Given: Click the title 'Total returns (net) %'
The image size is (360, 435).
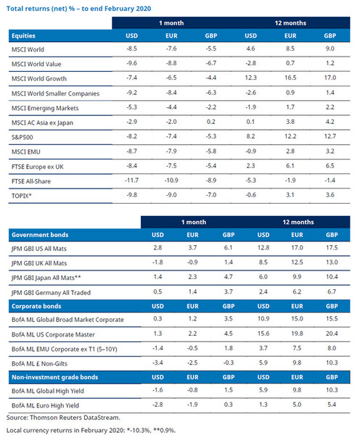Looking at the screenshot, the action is pyautogui.click(x=41, y=9).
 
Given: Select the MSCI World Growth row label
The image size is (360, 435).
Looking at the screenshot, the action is pyautogui.click(x=39, y=78).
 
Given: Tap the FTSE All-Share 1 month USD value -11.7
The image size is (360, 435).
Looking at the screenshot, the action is pyautogui.click(x=131, y=181).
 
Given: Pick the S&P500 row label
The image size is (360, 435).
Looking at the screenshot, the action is pyautogui.click(x=22, y=137).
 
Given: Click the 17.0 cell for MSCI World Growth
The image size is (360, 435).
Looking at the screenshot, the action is pyautogui.click(x=330, y=78).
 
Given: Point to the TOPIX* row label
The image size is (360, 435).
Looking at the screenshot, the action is pyautogui.click(x=21, y=196).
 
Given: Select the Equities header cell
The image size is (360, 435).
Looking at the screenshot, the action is pyautogui.click(x=23, y=36).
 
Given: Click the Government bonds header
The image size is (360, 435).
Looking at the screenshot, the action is pyautogui.click(x=40, y=235).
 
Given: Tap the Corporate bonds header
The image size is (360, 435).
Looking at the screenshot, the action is pyautogui.click(x=36, y=306).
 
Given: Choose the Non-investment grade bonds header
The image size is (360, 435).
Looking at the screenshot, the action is pyautogui.click(x=54, y=377).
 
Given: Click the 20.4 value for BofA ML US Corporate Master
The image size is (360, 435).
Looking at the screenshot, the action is pyautogui.click(x=332, y=333).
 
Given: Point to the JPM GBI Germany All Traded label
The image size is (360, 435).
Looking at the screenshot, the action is pyautogui.click(x=51, y=292).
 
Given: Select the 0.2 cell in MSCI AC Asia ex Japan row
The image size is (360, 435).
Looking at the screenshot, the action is pyautogui.click(x=210, y=122).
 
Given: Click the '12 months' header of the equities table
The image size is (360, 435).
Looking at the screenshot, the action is pyautogui.click(x=290, y=23).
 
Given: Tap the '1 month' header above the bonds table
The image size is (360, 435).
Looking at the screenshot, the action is pyautogui.click(x=194, y=222).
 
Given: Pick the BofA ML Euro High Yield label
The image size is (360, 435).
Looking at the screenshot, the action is pyautogui.click(x=45, y=405).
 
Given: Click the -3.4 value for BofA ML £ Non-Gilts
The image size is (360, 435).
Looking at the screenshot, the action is pyautogui.click(x=157, y=362).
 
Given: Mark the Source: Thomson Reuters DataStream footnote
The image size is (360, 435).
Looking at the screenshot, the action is pyautogui.click(x=63, y=418).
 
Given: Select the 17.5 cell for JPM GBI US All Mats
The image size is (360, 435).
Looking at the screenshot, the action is pyautogui.click(x=332, y=247).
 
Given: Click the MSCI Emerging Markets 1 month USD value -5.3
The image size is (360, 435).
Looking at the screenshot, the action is pyautogui.click(x=131, y=107).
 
